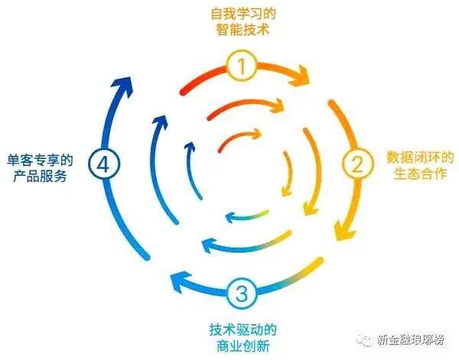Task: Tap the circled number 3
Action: (242, 293)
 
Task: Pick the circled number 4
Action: (102, 163)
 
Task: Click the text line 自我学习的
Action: (242, 14)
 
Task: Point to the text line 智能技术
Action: (242, 33)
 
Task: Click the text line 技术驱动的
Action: (242, 331)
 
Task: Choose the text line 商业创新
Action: (242, 349)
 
